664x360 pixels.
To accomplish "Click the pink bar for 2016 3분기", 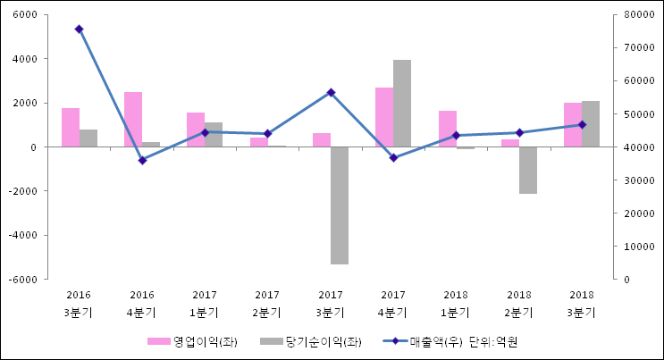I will coord(71,127).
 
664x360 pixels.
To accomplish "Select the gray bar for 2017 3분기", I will coord(340,205).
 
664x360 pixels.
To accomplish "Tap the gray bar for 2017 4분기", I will coord(402,103).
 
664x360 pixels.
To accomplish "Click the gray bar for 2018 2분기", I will coord(528,170).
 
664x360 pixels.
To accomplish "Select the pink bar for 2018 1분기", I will coord(448,129).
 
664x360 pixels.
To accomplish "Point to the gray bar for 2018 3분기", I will coord(591,123).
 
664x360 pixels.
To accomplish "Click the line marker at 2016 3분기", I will coord(79,29).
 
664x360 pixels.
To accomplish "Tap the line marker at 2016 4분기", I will coord(142,160).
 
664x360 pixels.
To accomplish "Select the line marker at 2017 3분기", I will coord(331,92).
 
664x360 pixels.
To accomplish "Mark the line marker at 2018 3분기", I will coord(582,124).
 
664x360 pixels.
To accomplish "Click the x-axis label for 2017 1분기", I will coord(205,303).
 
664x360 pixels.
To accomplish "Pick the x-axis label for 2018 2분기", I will coord(519,303).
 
